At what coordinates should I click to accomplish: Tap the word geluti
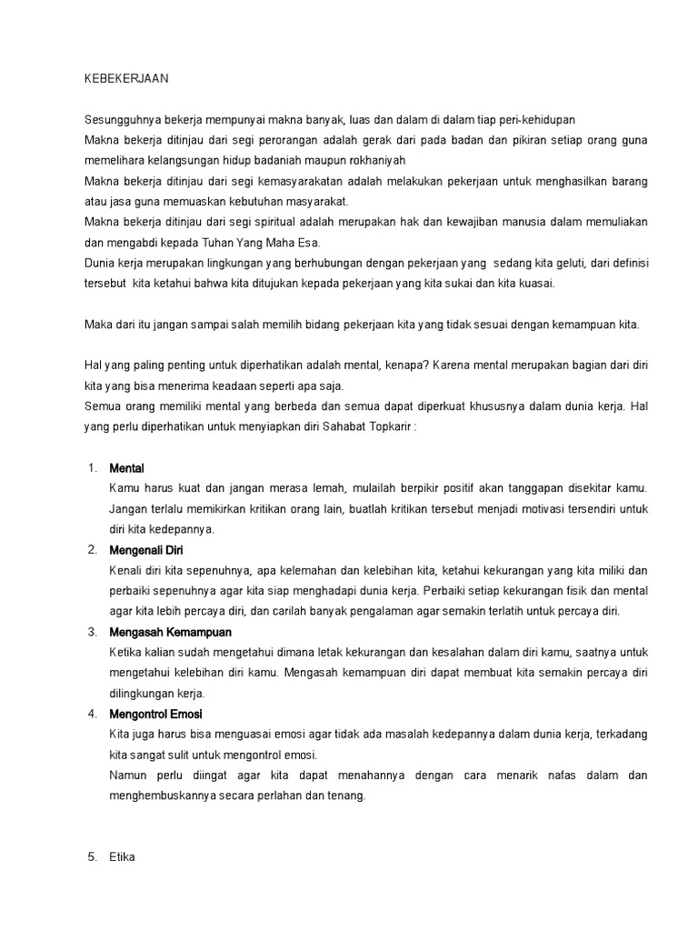(564, 263)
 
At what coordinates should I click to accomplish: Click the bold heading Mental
(126, 467)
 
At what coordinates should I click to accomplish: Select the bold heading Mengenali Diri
(145, 550)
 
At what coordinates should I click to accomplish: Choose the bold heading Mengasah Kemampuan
(170, 631)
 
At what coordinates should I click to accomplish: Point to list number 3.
(92, 631)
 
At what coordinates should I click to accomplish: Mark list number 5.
(92, 856)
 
